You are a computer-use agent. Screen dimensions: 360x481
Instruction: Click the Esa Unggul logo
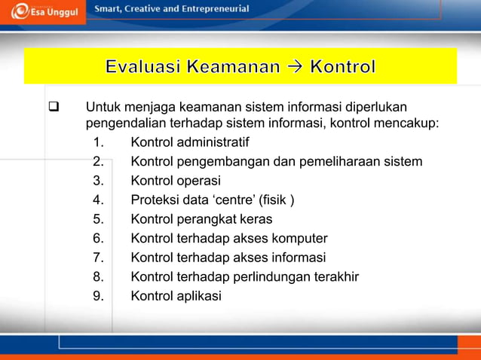point(42,13)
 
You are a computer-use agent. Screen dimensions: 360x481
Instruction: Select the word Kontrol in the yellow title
point(343,67)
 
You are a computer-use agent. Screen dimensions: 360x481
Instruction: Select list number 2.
point(98,161)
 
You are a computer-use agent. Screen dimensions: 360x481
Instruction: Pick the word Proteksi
point(157,200)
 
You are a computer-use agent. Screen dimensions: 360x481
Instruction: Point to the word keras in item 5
point(255,219)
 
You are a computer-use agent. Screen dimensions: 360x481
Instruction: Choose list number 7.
point(98,258)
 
